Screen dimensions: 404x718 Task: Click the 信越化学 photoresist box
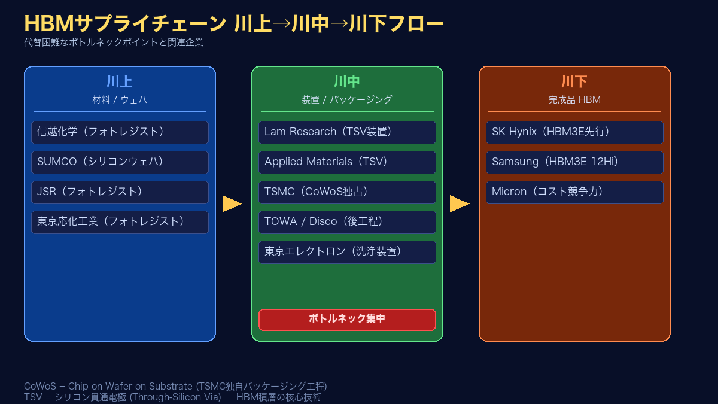(x=120, y=132)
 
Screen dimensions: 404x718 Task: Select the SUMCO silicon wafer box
(x=120, y=162)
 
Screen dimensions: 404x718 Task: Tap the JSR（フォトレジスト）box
(x=120, y=192)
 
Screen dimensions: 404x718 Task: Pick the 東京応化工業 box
(x=120, y=222)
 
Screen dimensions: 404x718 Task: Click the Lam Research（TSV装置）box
(x=347, y=132)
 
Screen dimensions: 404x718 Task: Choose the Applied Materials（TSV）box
(x=347, y=162)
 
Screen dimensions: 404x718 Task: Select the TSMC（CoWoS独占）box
(x=347, y=192)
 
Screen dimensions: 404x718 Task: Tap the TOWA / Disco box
(x=347, y=222)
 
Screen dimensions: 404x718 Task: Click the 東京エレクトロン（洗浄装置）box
(x=347, y=252)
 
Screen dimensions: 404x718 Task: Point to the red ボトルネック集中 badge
(x=347, y=320)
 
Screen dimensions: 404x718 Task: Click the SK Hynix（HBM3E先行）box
(x=574, y=132)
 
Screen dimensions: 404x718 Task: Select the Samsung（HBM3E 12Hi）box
(x=574, y=162)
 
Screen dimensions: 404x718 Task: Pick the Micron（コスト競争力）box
(x=574, y=192)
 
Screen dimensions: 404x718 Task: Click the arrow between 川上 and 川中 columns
(x=232, y=204)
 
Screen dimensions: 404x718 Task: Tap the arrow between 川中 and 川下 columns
(x=459, y=204)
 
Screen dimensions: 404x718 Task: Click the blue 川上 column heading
(x=120, y=82)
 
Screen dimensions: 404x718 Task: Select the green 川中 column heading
(x=347, y=82)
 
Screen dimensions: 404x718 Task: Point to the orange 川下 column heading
(x=574, y=82)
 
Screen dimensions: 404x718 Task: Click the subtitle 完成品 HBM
(x=574, y=100)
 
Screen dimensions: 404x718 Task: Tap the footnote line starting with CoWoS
(x=175, y=387)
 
